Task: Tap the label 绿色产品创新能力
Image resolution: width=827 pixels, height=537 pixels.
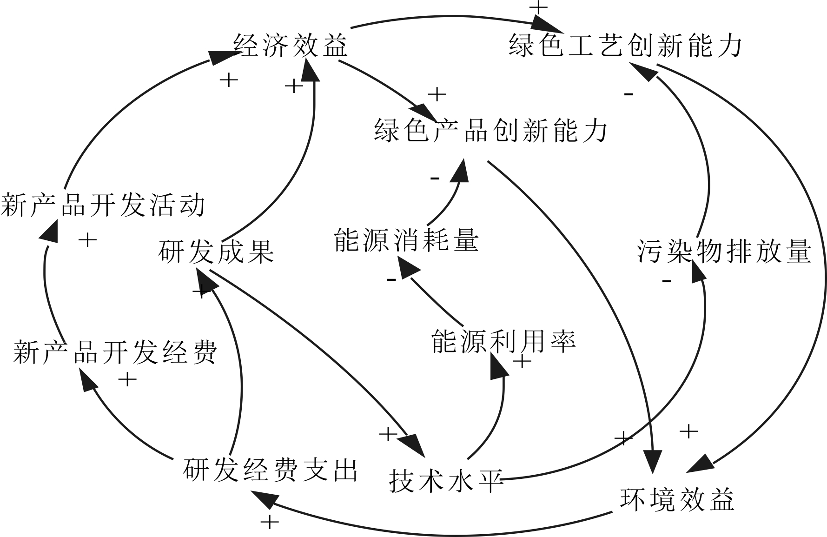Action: (491, 130)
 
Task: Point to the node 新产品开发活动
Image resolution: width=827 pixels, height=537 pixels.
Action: (103, 205)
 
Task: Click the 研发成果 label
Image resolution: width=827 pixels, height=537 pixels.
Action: (216, 252)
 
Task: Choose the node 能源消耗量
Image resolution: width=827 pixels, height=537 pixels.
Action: (406, 240)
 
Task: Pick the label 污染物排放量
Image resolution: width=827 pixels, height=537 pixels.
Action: (724, 252)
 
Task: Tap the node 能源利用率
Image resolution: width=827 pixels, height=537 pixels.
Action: (503, 342)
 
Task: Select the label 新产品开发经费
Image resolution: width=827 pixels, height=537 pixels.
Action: (115, 352)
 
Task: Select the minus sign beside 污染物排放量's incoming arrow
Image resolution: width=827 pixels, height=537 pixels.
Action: (667, 281)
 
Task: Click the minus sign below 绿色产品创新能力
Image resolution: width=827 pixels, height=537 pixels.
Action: (435, 178)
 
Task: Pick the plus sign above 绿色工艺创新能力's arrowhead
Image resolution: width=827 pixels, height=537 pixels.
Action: (539, 7)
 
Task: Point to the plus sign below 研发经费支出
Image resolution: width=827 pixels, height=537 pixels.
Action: (270, 522)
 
